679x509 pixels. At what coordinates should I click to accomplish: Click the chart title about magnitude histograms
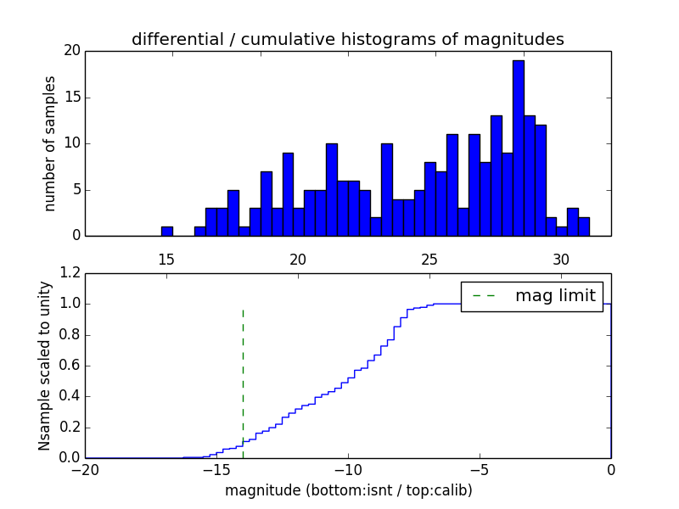click(x=348, y=39)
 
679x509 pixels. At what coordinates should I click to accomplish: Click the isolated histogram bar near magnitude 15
click(x=167, y=231)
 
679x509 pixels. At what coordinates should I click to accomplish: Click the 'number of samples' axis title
click(x=50, y=143)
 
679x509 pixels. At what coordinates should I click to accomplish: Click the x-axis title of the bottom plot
click(x=348, y=490)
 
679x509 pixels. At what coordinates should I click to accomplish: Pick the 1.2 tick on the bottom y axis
click(x=70, y=273)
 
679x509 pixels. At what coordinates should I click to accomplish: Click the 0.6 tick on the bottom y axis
click(x=70, y=366)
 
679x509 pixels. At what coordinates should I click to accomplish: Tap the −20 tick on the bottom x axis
click(x=85, y=470)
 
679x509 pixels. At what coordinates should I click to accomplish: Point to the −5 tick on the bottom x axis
click(x=480, y=470)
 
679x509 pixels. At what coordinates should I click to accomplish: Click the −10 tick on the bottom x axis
click(x=348, y=470)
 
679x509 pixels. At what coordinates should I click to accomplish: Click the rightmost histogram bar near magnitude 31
click(x=584, y=227)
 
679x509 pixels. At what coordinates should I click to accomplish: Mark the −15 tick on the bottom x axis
click(x=216, y=470)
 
